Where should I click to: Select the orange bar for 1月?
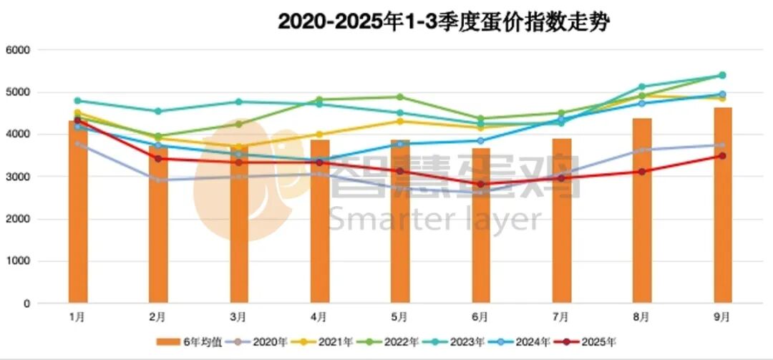78,215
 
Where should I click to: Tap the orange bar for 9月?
722,208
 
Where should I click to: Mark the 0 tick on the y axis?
27,304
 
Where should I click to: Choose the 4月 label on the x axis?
319,316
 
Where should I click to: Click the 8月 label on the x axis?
641,316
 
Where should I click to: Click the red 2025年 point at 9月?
722,156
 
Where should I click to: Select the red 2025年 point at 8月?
642,172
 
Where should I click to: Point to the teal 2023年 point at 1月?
77,101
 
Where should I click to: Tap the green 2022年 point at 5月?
400,97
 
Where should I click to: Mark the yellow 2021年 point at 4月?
319,135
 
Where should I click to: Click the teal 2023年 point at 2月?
158,112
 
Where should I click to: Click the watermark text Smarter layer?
435,219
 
